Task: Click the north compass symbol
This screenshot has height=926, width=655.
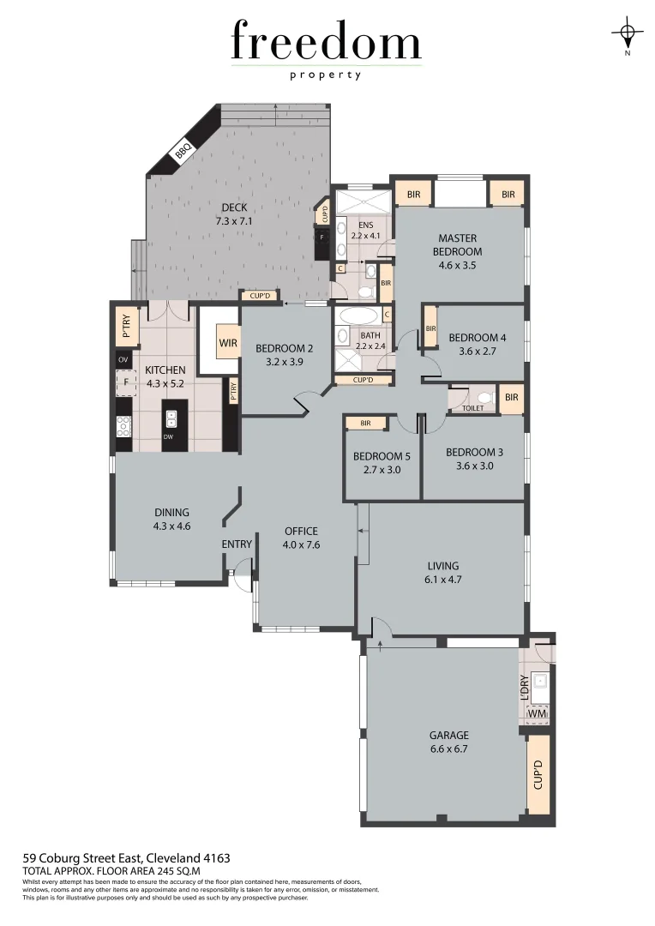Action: click(628, 34)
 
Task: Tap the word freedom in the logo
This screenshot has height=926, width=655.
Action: click(326, 43)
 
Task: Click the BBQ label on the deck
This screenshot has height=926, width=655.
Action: click(182, 153)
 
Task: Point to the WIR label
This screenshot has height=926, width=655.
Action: click(228, 343)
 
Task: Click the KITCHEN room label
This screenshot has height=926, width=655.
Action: click(165, 370)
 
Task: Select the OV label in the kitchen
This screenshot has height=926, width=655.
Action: click(123, 358)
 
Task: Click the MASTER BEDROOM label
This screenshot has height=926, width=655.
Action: click(457, 244)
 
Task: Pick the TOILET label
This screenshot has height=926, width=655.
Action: click(472, 408)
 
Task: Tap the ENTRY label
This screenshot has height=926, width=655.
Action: click(237, 544)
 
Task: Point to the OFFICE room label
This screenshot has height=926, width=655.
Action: click(301, 531)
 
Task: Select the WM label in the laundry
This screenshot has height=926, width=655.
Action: click(537, 713)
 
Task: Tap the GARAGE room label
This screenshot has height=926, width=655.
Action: click(449, 735)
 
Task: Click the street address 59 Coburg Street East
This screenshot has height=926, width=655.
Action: click(126, 857)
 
